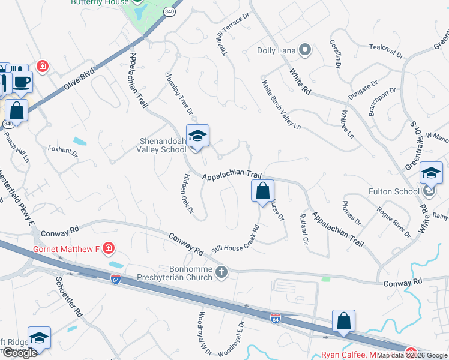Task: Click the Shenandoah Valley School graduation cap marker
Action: coord(197,136)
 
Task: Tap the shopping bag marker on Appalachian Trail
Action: coord(262,191)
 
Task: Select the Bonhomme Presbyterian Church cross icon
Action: coord(221,273)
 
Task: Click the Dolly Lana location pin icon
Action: coord(305,50)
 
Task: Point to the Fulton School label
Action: coord(394,192)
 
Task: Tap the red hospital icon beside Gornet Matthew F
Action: coord(108,248)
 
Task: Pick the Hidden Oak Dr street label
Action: coord(186,193)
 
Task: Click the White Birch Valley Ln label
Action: coord(281,106)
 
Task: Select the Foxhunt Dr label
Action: coord(63,150)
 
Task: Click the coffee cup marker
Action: coord(22,82)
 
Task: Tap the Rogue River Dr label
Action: coord(394,222)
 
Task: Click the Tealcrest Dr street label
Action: coord(386,50)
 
